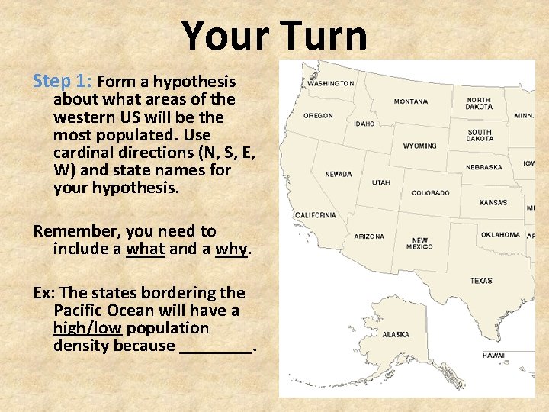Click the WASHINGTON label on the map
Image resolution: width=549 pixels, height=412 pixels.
330,83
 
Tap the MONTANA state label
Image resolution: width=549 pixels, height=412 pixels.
410,101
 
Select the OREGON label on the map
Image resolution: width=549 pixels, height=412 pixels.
318,116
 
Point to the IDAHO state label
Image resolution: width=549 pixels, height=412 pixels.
364,124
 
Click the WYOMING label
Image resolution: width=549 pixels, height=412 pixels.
419,146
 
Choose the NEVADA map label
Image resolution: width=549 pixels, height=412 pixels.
339,174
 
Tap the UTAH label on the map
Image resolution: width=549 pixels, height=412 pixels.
380,182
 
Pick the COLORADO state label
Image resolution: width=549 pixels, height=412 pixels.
430,193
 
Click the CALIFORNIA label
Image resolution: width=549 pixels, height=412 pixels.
315,215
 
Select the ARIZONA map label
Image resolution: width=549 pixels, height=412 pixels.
369,237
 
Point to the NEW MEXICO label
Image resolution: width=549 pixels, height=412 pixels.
419,243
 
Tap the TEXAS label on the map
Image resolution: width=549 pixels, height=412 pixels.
481,281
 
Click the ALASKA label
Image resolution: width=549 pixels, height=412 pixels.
395,334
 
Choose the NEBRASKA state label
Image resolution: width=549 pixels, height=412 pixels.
484,167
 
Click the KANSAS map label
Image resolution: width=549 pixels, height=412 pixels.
493,203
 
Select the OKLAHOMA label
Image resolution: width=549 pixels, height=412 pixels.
500,235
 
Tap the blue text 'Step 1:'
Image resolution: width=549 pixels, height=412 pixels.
63,82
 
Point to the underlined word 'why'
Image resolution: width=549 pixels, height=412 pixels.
231,249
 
